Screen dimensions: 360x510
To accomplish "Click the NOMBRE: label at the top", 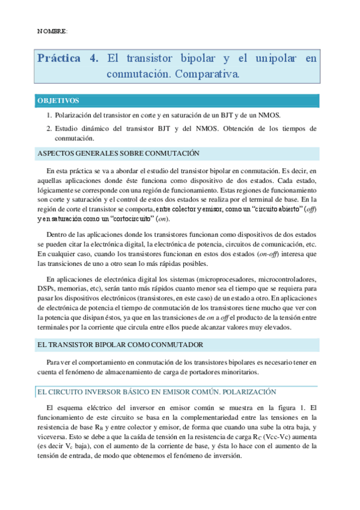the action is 52,31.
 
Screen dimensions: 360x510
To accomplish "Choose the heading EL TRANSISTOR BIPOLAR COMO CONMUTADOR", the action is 120,345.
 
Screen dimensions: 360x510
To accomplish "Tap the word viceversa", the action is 54,428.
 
